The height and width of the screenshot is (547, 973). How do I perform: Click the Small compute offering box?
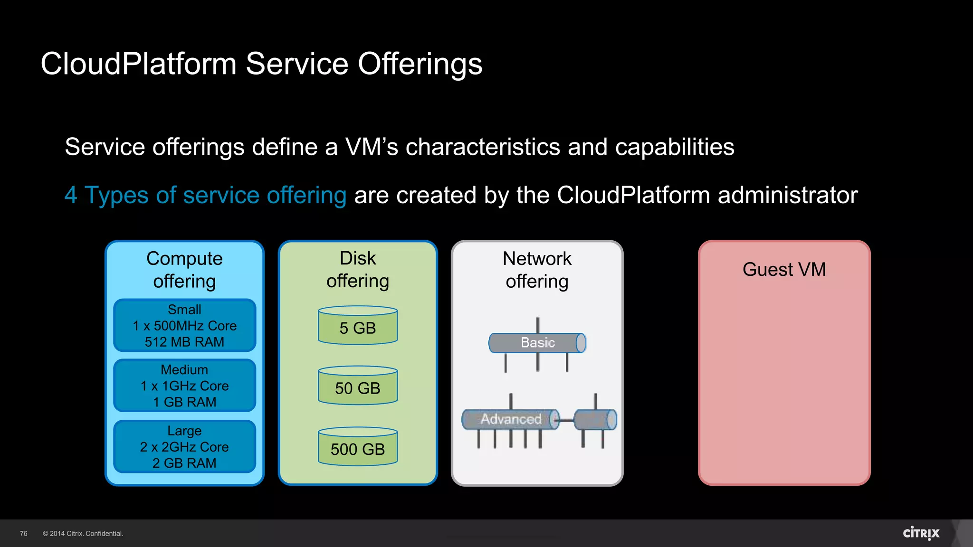(x=184, y=326)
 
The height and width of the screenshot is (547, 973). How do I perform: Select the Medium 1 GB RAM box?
(x=184, y=386)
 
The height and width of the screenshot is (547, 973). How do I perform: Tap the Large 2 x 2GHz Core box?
(x=184, y=446)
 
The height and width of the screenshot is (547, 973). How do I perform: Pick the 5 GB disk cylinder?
(x=358, y=326)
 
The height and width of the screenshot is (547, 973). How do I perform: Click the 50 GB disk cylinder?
(x=358, y=387)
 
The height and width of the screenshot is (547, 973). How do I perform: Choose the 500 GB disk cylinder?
(x=358, y=447)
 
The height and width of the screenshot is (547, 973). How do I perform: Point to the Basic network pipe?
(x=537, y=343)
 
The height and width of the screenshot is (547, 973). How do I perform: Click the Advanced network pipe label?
(x=511, y=419)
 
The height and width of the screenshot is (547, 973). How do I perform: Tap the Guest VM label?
(x=784, y=270)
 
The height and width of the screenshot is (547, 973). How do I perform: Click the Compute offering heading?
(x=184, y=270)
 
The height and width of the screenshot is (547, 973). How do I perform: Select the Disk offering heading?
(x=358, y=270)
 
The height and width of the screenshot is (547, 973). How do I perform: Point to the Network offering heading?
(x=537, y=270)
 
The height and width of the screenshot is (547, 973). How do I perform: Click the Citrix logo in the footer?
(x=921, y=533)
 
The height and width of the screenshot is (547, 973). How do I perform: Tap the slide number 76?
(x=24, y=534)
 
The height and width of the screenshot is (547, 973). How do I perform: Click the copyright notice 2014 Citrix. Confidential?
(x=83, y=534)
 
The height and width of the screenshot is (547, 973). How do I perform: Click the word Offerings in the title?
(x=420, y=64)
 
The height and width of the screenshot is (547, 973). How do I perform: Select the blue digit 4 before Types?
(x=71, y=195)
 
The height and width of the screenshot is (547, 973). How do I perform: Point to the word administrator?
(x=787, y=195)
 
